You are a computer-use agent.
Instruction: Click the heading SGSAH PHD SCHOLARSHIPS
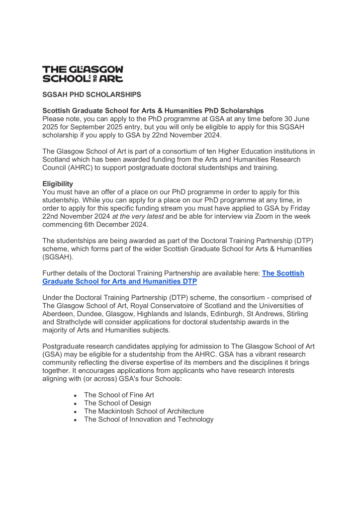pos(91,94)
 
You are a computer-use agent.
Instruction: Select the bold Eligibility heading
pos(58,183)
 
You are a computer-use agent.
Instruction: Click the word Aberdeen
pos(58,314)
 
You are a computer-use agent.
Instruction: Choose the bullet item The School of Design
pos(117,403)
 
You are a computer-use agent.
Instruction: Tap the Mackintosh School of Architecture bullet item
pos(144,411)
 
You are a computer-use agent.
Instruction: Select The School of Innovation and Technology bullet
pos(149,419)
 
